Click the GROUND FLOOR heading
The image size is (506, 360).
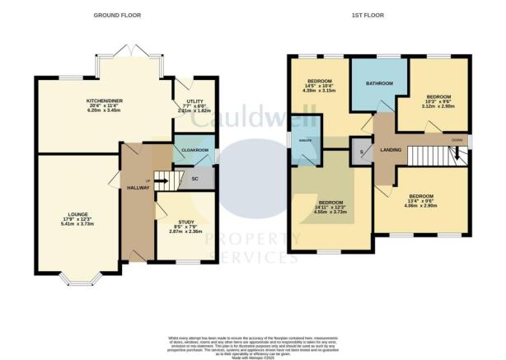pyautogui.click(x=118, y=16)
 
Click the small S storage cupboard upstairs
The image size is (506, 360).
pyautogui.click(x=360, y=151)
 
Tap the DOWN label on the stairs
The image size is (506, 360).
pyautogui.click(x=457, y=140)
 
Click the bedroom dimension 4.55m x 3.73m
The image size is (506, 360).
pyautogui.click(x=330, y=213)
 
